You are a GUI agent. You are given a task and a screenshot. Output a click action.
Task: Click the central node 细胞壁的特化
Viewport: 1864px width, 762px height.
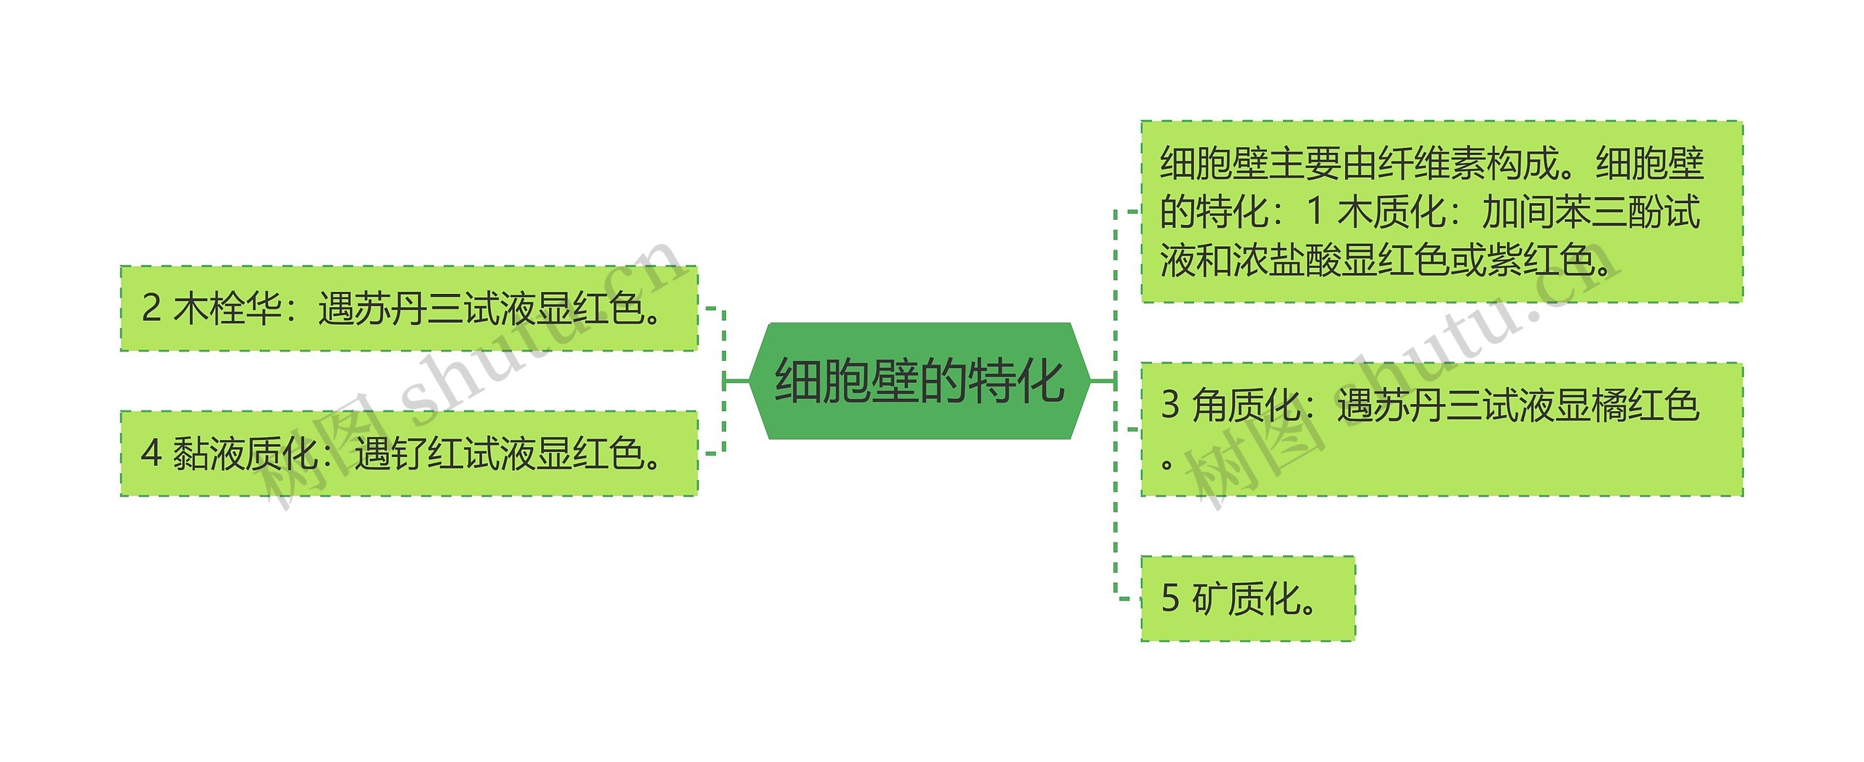click(x=919, y=381)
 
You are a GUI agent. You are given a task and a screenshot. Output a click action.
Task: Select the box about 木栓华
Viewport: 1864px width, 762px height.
click(x=408, y=309)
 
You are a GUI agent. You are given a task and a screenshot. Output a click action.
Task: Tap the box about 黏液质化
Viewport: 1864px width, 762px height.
click(x=408, y=453)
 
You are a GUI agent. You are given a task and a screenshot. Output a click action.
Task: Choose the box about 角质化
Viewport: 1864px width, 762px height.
click(x=1441, y=429)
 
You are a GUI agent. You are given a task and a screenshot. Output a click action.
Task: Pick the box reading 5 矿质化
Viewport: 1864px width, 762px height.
click(x=1247, y=598)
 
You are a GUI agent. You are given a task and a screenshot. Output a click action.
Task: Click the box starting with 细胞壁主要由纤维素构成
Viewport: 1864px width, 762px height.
click(x=1441, y=211)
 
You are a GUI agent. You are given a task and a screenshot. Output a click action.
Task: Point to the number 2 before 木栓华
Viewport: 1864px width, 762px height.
click(x=151, y=309)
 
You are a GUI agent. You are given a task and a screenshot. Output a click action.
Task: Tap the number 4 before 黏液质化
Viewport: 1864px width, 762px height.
click(x=151, y=453)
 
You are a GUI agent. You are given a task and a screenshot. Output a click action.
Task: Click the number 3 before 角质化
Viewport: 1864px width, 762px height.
click(x=1170, y=405)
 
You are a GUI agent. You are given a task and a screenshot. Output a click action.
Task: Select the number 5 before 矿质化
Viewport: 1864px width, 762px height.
click(x=1170, y=598)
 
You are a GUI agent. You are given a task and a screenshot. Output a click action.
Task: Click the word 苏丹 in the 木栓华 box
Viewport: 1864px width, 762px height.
click(x=390, y=309)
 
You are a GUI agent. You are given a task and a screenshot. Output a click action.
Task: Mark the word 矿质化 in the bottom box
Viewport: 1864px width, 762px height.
click(x=1247, y=598)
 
